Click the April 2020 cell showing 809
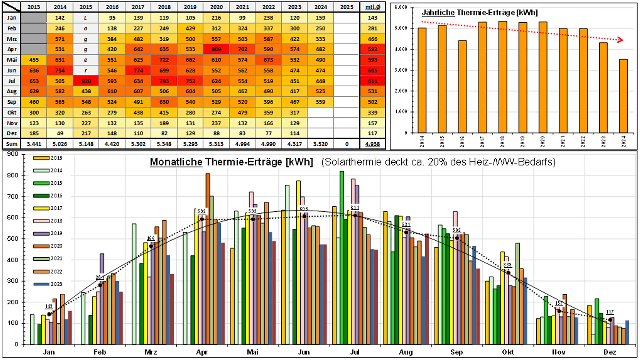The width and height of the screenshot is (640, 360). (216, 49)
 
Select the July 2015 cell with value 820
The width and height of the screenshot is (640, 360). (86, 81)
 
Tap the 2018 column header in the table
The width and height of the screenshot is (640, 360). (164, 7)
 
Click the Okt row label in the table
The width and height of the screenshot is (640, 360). (12, 113)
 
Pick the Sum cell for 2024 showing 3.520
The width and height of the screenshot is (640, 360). (320, 144)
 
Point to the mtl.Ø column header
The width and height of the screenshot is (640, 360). (373, 7)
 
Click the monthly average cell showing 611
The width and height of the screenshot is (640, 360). (373, 81)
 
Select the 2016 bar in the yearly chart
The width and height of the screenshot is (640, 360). (462, 87)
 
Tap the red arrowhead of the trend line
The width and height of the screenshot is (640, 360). (620, 40)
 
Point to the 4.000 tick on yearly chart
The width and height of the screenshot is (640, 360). (401, 49)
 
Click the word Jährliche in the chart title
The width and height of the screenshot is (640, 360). (438, 13)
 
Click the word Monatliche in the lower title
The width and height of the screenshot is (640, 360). (176, 162)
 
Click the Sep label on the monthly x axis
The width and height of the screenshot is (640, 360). (456, 352)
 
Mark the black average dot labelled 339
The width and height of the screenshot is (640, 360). (508, 273)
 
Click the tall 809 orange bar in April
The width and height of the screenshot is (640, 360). (208, 233)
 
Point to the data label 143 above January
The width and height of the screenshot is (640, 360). (49, 306)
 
